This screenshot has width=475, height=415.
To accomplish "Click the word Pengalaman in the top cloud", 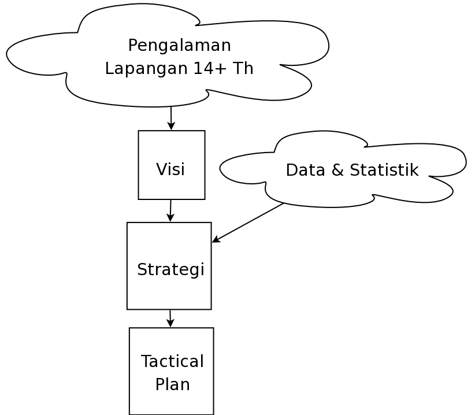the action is pos(179,46).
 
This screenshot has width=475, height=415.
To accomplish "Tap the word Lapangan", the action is pos(146,69).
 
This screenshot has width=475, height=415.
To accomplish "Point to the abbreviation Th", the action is pos(243,68).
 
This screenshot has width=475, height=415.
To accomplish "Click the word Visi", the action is pos(170,169).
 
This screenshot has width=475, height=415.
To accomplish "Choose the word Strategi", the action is pos(171,269).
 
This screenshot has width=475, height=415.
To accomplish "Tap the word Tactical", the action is pos(172,361).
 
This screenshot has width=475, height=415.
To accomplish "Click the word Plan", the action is pos(173,384).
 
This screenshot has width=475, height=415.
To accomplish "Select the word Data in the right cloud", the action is pos(305,170).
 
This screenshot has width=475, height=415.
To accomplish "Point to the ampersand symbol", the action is pos(337,170).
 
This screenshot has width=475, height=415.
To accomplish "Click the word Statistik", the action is pos(384,170).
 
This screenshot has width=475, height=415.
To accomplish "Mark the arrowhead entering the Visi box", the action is pos(171,126).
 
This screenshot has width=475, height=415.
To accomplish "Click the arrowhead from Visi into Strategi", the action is pos(170,217).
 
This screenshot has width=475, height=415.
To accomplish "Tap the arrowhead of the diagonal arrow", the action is pos(216,239).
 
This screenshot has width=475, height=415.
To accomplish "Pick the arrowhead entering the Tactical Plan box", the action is pos(170,323).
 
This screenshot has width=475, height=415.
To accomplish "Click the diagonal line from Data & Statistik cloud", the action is pos(248,223).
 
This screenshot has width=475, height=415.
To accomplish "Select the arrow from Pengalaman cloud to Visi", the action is pos(171,118).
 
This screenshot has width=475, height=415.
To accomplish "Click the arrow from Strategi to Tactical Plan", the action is pos(170,318).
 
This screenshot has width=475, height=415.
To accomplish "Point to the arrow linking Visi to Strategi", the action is pos(170,210).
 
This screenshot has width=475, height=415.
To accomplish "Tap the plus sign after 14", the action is pos(221,69).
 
